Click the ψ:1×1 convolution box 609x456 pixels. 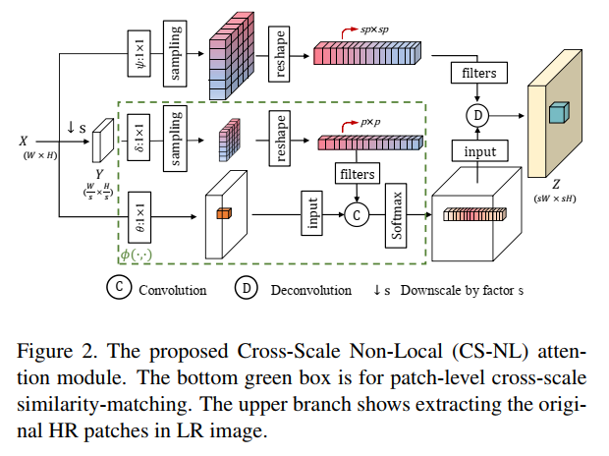139,54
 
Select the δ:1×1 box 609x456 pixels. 138,138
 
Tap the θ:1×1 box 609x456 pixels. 139,217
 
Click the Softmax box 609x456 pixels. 396,216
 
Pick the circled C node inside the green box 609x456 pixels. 357,215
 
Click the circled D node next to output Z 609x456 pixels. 477,115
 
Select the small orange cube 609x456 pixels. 224,213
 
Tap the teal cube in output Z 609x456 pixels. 559,113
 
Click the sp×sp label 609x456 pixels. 374,29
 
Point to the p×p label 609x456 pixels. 370,122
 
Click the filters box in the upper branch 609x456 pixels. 479,73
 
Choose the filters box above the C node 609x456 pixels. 358,173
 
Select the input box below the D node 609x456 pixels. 480,150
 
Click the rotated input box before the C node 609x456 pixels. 312,213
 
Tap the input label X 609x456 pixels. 24,141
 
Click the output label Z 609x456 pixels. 556,184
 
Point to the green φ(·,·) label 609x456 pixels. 136,255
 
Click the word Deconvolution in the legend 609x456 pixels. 311,290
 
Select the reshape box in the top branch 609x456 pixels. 279,54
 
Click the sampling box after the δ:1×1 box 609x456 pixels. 175,139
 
